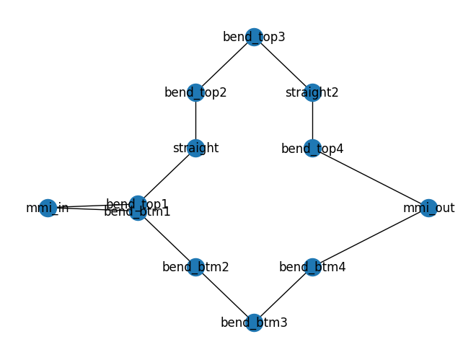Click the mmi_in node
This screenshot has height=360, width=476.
click(48, 208)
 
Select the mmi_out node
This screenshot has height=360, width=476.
click(428, 208)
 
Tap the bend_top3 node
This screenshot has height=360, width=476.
click(254, 37)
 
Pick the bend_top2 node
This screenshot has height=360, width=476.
click(195, 92)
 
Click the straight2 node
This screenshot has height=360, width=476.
click(312, 92)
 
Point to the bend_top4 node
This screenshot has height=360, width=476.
click(312, 149)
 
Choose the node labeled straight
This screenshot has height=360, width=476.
click(195, 149)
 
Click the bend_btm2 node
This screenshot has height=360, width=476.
click(195, 267)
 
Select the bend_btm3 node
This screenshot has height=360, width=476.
click(254, 322)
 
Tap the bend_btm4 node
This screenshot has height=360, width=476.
click(312, 267)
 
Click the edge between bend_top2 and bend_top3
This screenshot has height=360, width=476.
click(224, 64)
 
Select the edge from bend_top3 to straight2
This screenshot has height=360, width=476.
click(283, 64)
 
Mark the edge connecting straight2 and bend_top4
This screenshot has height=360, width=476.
click(312, 120)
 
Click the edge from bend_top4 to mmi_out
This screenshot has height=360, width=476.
click(370, 178)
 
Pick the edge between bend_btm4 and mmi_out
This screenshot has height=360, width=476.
click(370, 238)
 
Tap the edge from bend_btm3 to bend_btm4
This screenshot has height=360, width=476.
click(283, 294)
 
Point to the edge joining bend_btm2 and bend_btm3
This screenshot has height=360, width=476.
click(224, 294)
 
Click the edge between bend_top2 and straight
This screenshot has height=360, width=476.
click(195, 120)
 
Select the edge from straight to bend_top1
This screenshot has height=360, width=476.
click(167, 177)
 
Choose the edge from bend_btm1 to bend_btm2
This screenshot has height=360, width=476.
click(167, 240)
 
